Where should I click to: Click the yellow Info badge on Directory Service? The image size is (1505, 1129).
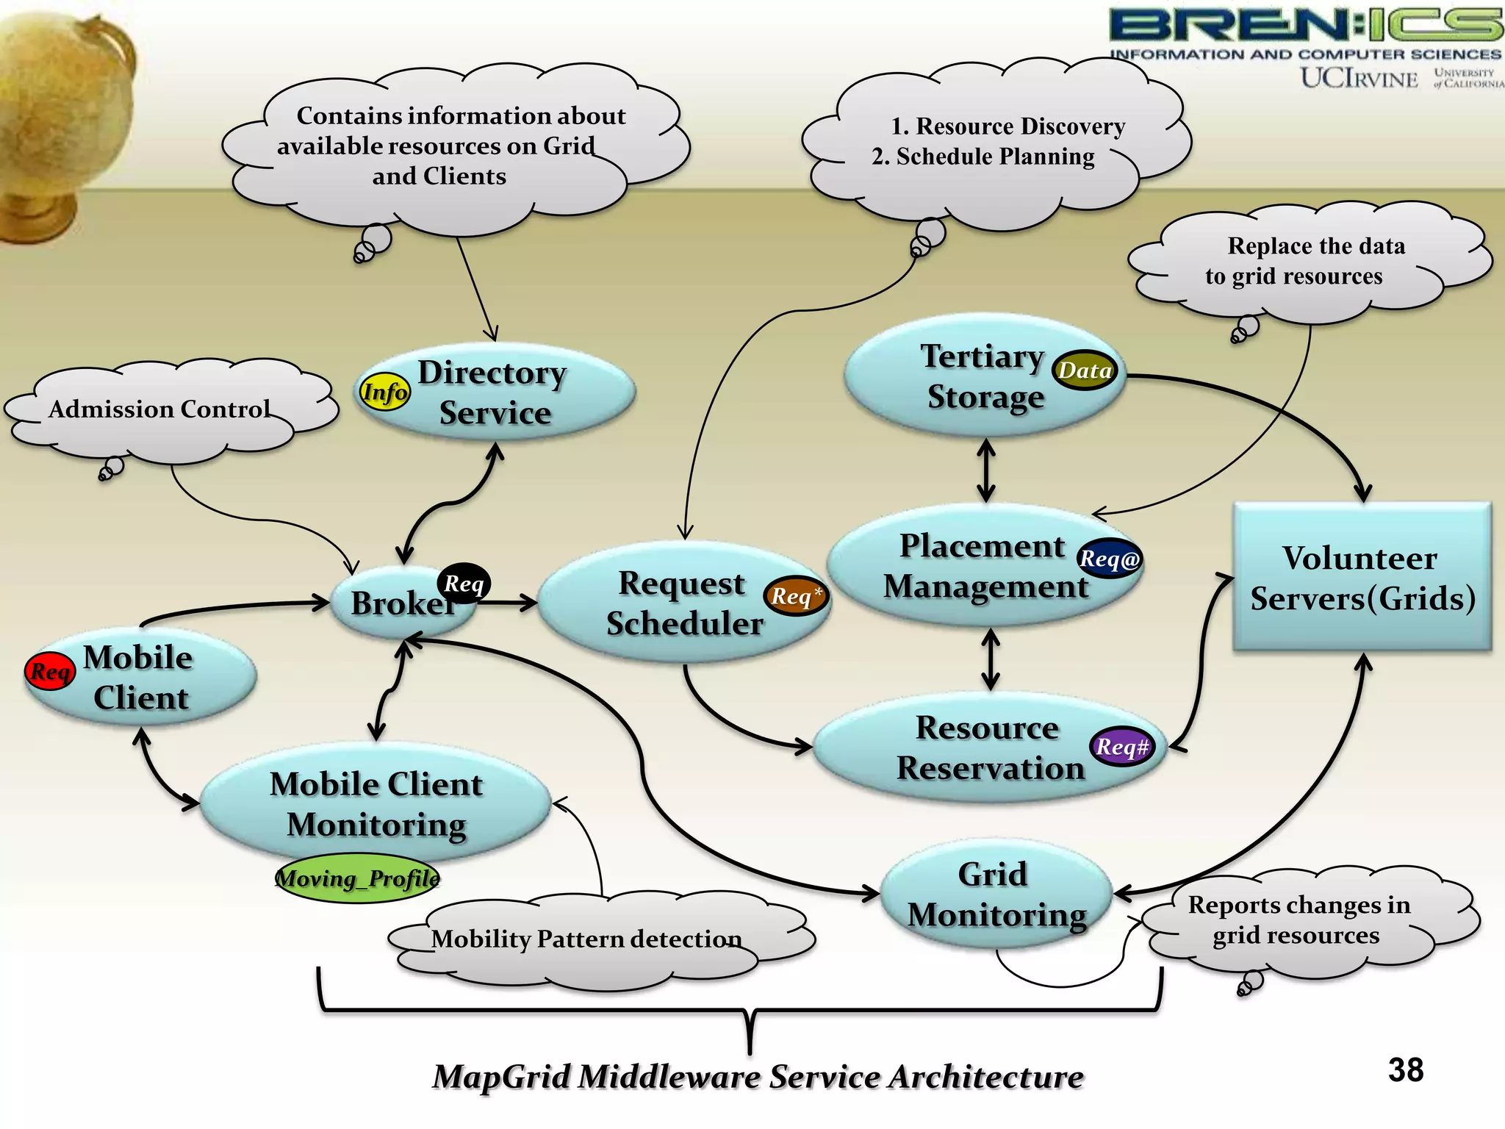pyautogui.click(x=384, y=392)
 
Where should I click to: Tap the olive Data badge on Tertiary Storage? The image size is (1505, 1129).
pyautogui.click(x=1085, y=370)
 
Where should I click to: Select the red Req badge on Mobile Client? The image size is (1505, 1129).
pyautogui.click(x=50, y=671)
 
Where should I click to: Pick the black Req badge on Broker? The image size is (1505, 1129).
pyautogui.click(x=464, y=584)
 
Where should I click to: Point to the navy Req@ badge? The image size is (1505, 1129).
pyautogui.click(x=1109, y=559)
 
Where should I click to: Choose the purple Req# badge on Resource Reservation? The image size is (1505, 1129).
pyautogui.click(x=1121, y=747)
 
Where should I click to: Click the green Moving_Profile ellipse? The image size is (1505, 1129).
pyautogui.click(x=357, y=878)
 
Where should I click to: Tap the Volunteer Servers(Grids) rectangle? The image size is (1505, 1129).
pyautogui.click(x=1362, y=578)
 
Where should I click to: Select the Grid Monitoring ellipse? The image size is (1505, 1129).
pyautogui.click(x=996, y=895)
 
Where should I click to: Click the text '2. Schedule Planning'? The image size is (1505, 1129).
pyautogui.click(x=983, y=157)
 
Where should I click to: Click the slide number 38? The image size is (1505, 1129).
pyautogui.click(x=1405, y=1070)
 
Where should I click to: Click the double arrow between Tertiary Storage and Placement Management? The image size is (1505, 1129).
pyautogui.click(x=986, y=470)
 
